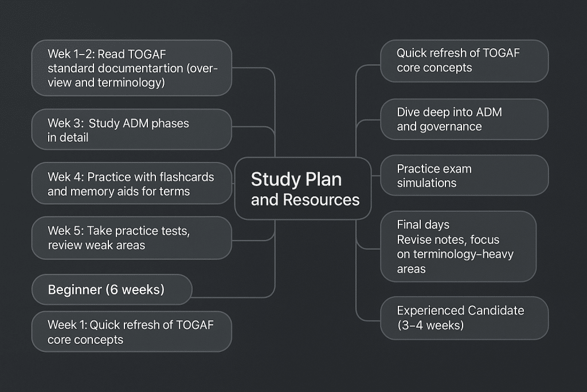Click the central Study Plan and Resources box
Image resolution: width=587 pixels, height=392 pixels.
point(303,189)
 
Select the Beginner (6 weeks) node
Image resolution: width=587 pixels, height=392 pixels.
point(112,290)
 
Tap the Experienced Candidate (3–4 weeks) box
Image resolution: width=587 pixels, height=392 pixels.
point(464,318)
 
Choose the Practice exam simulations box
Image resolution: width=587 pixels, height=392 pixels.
point(464,176)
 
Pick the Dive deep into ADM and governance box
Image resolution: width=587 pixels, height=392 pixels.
point(464,119)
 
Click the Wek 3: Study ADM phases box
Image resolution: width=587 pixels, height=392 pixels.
point(131,130)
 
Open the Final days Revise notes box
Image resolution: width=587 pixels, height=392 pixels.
point(458,246)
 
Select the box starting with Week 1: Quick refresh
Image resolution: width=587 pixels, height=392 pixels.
point(131,332)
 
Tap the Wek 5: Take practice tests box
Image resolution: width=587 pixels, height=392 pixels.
point(131,238)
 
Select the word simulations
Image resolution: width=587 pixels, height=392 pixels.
point(426,183)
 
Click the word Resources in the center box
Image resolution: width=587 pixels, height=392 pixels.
point(321,200)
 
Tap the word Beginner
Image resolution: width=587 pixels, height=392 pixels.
point(75,290)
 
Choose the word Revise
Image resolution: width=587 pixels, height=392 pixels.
point(414,239)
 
